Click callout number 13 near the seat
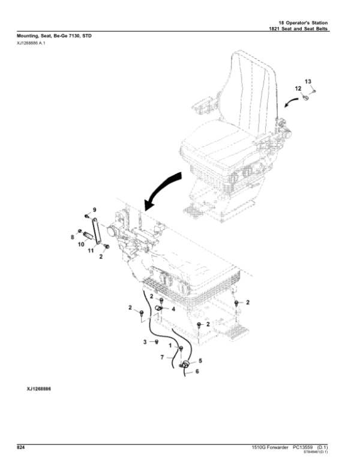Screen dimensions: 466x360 click(308, 81)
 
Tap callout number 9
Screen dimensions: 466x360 click(94, 209)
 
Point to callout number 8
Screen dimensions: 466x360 click(72, 238)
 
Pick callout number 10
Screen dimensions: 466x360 click(81, 246)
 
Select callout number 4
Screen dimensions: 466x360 click(173, 309)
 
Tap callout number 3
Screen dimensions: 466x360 click(144, 342)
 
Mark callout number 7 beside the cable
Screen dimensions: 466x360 click(162, 358)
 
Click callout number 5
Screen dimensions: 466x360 click(200, 360)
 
